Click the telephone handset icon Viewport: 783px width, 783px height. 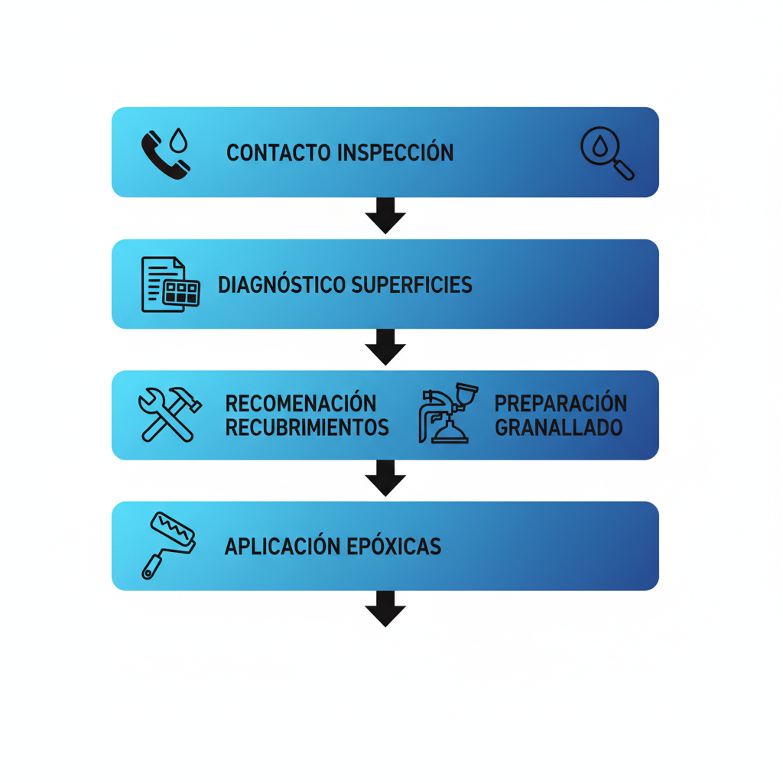[x=162, y=156]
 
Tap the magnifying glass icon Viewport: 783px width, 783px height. [x=606, y=153]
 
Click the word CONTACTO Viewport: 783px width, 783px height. [x=280, y=153]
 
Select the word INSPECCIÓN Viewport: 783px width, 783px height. [x=395, y=153]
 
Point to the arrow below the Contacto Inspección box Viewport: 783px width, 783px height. [x=385, y=216]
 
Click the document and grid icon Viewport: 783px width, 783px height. [x=170, y=284]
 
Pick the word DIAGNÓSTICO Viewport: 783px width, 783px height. [x=282, y=285]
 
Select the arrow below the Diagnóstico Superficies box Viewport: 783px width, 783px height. [x=385, y=347]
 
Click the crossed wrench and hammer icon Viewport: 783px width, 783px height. [x=169, y=414]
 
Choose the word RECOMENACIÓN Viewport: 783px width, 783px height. [x=301, y=403]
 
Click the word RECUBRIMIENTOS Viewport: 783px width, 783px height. [x=307, y=427]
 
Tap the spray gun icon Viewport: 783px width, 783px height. [x=448, y=414]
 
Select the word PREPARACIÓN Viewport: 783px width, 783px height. [x=560, y=403]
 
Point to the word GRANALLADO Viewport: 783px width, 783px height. [x=558, y=427]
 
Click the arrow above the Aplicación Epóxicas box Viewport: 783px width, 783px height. [x=385, y=478]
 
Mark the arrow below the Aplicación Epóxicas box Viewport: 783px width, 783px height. [x=385, y=609]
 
